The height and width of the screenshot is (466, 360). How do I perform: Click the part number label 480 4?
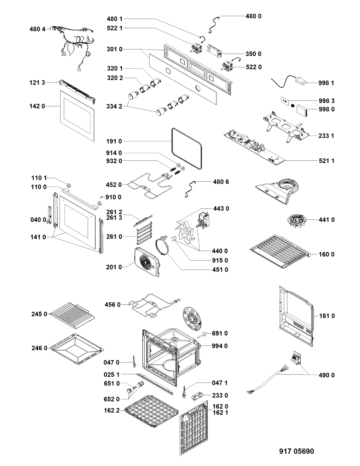[x=37, y=29]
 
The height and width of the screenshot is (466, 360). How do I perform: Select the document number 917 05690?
[x=296, y=451]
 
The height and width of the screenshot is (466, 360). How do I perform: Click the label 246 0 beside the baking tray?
[x=39, y=348]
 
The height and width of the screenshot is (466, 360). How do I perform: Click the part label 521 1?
[x=326, y=161]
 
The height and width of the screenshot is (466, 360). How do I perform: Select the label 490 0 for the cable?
[x=326, y=375]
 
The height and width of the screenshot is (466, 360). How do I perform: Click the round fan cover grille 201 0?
[x=147, y=261]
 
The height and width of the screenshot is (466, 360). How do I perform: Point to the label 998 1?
[x=326, y=83]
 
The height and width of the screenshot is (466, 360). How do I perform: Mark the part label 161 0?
[x=327, y=316]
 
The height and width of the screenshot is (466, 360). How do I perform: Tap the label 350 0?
[x=253, y=54]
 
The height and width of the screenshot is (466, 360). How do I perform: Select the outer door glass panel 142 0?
[x=77, y=116]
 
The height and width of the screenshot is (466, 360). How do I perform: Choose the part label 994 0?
[x=219, y=346]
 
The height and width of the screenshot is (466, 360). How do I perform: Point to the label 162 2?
[x=112, y=410]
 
